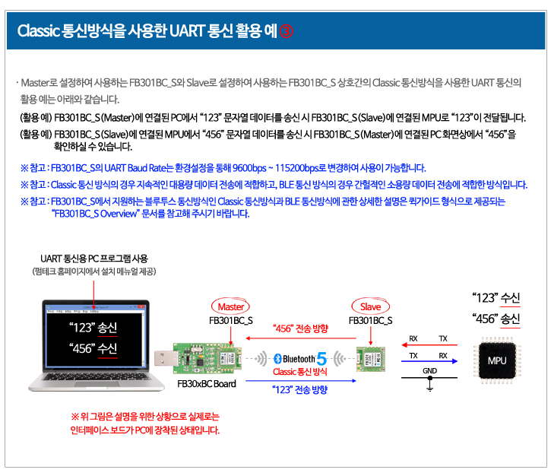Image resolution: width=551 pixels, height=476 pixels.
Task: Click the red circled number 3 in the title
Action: click(x=286, y=31)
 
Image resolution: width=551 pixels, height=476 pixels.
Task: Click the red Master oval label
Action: click(x=230, y=306)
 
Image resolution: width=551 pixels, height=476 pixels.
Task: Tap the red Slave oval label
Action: click(x=370, y=306)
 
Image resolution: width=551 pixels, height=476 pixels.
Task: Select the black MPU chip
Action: click(x=497, y=360)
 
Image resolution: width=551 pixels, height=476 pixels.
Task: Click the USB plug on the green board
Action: click(x=164, y=359)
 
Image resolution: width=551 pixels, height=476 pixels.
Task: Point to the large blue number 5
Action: click(x=321, y=359)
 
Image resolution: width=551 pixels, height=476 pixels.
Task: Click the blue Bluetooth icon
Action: click(x=277, y=359)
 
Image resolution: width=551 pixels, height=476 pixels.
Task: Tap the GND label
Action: click(x=429, y=370)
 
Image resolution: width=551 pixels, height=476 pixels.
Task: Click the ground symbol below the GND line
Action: click(x=429, y=385)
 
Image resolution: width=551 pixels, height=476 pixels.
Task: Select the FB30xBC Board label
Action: click(x=206, y=383)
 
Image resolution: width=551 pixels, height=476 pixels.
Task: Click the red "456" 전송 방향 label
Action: click(x=300, y=328)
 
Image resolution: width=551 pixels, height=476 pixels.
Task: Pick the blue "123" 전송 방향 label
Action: click(x=299, y=389)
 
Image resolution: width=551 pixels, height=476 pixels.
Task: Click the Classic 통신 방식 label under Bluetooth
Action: click(x=299, y=372)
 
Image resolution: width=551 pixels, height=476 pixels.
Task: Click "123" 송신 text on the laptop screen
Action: click(x=93, y=327)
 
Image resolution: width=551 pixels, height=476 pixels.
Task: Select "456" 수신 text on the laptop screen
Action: click(x=93, y=348)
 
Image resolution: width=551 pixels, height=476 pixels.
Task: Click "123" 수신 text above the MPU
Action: click(x=496, y=298)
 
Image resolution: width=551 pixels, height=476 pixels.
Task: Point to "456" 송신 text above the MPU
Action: click(x=496, y=319)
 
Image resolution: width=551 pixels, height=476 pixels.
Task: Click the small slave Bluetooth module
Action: click(x=371, y=359)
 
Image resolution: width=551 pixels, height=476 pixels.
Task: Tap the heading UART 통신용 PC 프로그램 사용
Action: click(x=94, y=259)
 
